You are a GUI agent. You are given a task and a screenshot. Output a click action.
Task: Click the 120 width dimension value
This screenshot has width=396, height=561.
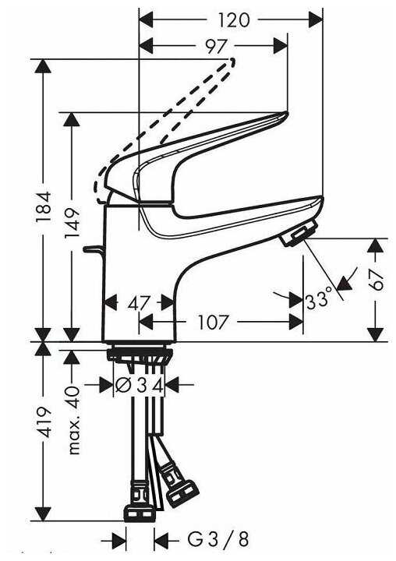point(231,18)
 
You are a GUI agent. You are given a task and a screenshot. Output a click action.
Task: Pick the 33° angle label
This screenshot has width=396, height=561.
point(320,298)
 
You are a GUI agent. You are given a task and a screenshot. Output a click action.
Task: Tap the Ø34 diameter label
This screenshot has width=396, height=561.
point(140,384)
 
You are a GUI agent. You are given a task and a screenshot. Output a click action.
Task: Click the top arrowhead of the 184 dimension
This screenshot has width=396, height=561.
point(43,65)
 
